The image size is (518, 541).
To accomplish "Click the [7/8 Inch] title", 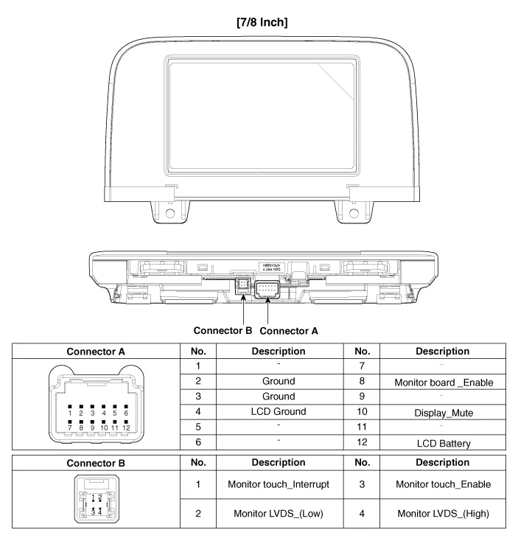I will click(259, 23).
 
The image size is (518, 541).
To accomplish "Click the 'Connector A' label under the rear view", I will click(289, 331).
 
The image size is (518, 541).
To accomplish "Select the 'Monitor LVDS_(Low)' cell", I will click(273, 513).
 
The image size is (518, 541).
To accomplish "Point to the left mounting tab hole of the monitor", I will click(170, 214).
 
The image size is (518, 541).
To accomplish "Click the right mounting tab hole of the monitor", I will click(354, 214).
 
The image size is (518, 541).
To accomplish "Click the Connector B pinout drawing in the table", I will click(95, 498).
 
